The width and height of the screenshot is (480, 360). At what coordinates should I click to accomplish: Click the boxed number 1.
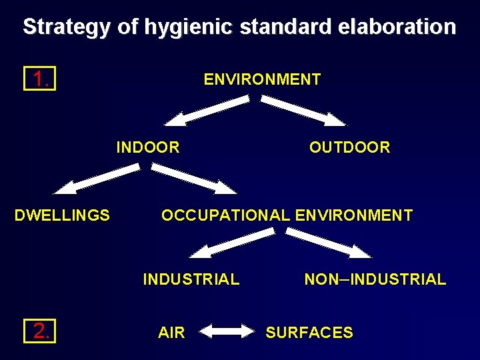(x=39, y=80)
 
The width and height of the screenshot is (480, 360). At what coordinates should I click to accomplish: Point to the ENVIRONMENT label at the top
(x=262, y=80)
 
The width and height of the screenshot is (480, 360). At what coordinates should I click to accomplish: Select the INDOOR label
(x=148, y=147)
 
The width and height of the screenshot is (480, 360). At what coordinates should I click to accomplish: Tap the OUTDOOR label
(x=349, y=147)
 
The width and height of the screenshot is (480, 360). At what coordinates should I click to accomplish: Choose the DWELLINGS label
(x=63, y=215)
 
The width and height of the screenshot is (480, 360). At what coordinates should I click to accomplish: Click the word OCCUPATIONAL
(x=225, y=215)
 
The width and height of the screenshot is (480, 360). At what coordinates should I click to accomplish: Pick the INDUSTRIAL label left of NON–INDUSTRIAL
(x=191, y=279)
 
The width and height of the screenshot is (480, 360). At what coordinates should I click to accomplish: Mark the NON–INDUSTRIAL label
(x=375, y=279)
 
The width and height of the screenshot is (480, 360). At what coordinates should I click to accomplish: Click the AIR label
(x=171, y=333)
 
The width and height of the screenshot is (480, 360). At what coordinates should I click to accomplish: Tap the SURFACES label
(x=309, y=333)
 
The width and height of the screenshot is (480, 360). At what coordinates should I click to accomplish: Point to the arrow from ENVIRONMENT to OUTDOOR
(x=303, y=111)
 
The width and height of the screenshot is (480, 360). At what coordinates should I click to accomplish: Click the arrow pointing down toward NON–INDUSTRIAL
(x=329, y=242)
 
